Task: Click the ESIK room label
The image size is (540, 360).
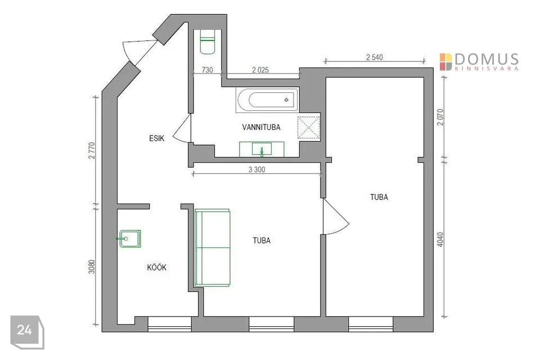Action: tap(157, 138)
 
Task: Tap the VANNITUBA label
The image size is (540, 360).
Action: tap(261, 127)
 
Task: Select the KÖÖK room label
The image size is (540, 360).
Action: tap(157, 267)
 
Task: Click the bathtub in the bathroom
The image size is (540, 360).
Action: tap(267, 100)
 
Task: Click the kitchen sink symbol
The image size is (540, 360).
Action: tap(130, 238)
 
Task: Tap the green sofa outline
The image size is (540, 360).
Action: tap(212, 247)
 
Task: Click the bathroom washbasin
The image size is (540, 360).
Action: tap(262, 149)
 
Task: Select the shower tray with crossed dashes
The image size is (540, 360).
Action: tap(309, 128)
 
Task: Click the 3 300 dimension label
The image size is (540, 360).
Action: tap(257, 169)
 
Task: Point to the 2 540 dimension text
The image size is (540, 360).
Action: tap(375, 57)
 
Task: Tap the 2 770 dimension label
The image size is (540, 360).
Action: tap(92, 151)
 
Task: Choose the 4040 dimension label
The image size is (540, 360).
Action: tap(440, 239)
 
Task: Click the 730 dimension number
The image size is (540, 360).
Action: tap(207, 70)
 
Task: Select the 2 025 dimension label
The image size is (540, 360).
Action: tap(260, 70)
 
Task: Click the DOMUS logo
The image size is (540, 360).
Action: tap(479, 62)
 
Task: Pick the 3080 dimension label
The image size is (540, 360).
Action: tap(92, 267)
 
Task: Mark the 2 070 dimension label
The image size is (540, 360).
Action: tap(440, 117)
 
